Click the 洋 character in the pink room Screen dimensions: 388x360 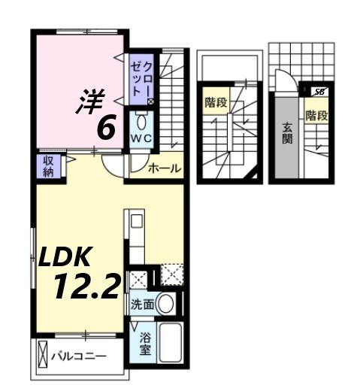[88, 102]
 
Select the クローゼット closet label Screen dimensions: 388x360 [141, 75]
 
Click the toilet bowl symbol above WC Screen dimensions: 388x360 [141, 121]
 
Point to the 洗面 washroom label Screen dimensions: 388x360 [143, 305]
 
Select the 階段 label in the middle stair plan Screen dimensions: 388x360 [216, 102]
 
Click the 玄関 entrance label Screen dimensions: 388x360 [288, 134]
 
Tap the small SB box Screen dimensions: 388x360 [319, 91]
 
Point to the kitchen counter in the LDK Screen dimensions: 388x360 [136, 241]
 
